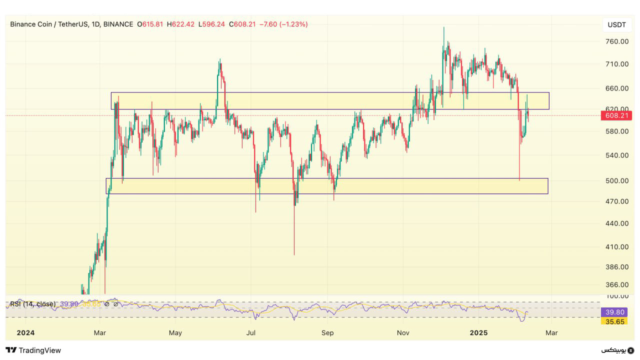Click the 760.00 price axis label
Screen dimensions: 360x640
(x=617, y=41)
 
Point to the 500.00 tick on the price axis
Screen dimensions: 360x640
(x=617, y=180)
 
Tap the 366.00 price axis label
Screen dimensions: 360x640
(x=617, y=285)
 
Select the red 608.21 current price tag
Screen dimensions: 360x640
(x=617, y=115)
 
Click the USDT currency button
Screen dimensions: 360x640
(x=617, y=24)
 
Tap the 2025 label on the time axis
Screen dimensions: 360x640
(x=479, y=332)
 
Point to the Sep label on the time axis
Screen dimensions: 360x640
(x=327, y=332)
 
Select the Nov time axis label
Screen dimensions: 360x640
(x=403, y=332)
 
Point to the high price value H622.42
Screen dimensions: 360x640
(x=180, y=24)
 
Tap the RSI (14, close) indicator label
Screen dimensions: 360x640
(x=32, y=304)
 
